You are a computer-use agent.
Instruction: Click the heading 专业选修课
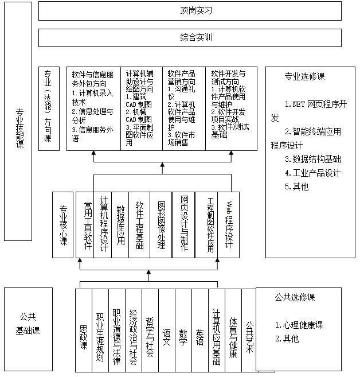(305, 76)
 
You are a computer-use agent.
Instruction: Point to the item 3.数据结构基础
(312, 159)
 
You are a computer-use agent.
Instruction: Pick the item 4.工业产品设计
(312, 173)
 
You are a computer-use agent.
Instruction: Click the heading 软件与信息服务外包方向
(92, 79)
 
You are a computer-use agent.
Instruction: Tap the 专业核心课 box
(63, 223)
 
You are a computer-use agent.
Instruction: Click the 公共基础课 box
(28, 324)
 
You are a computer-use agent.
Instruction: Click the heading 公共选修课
(295, 297)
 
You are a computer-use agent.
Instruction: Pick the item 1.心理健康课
(299, 325)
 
